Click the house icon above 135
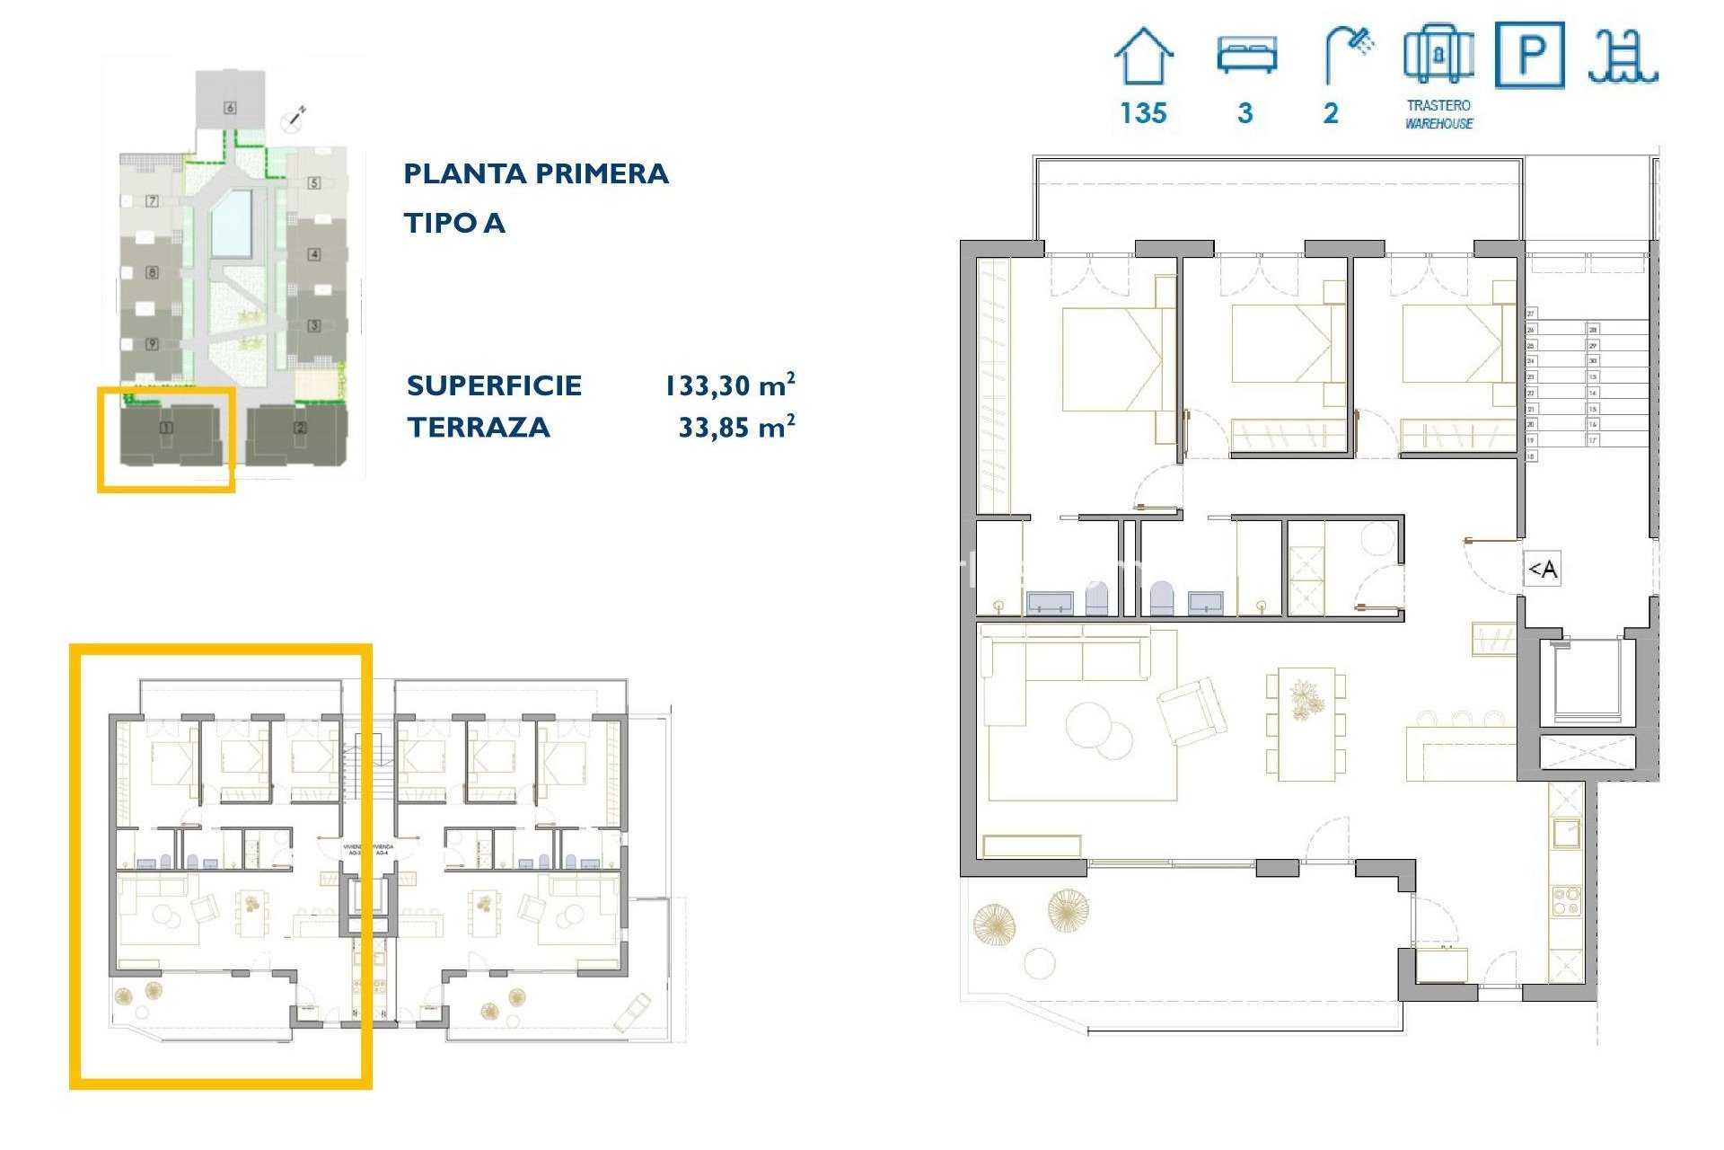(x=1143, y=56)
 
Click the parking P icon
(x=1529, y=56)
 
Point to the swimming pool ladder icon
(x=1623, y=56)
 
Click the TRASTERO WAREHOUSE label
(x=1438, y=114)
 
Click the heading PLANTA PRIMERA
(x=536, y=173)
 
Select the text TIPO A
(x=454, y=223)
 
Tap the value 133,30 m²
(x=729, y=385)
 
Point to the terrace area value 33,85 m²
(x=736, y=427)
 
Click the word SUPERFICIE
(x=494, y=385)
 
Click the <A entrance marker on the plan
(x=1543, y=569)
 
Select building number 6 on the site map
(x=230, y=108)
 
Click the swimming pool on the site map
(x=232, y=223)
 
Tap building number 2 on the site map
(x=300, y=429)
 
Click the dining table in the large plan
(x=1306, y=723)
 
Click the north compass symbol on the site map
(x=295, y=118)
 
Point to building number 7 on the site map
(x=152, y=201)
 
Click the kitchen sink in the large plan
(x=1567, y=833)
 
